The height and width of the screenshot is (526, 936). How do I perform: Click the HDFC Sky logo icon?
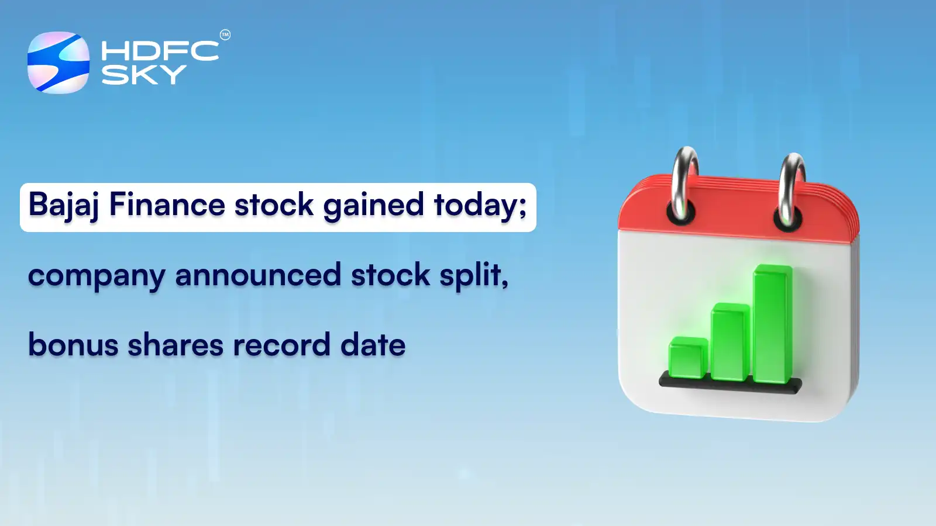[x=58, y=63]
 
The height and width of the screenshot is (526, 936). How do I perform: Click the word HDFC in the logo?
[x=160, y=51]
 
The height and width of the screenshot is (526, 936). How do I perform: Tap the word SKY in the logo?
[x=144, y=75]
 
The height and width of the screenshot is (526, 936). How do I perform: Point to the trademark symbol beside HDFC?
[x=225, y=35]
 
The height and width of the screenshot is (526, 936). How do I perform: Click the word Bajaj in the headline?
[x=64, y=206]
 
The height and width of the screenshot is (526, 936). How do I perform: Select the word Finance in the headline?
[x=167, y=205]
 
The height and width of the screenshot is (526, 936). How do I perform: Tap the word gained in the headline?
[x=373, y=206]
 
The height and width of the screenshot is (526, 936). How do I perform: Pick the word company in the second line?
[x=97, y=276]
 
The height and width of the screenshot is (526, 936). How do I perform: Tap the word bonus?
[x=73, y=345]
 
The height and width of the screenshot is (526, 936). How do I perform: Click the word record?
[x=282, y=345]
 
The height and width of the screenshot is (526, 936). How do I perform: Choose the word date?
[x=373, y=345]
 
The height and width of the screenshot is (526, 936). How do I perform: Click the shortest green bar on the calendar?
[x=688, y=358]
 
